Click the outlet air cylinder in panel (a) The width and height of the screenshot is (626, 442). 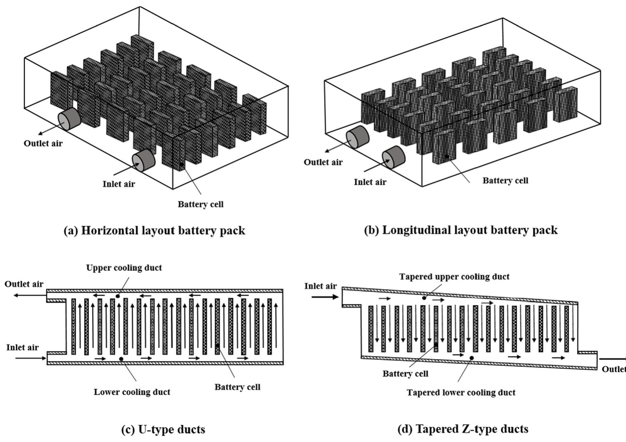pyautogui.click(x=69, y=119)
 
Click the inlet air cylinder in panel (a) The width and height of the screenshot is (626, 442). pyautogui.click(x=143, y=160)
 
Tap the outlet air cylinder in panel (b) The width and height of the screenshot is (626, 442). pyautogui.click(x=358, y=137)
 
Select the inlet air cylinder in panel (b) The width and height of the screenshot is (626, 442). pyautogui.click(x=394, y=157)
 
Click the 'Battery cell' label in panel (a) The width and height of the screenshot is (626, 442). pyautogui.click(x=200, y=204)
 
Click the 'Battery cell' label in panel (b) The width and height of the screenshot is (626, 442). pyautogui.click(x=505, y=181)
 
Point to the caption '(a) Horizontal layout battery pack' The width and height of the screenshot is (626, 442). pyautogui.click(x=154, y=230)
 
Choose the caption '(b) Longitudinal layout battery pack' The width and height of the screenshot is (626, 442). pyautogui.click(x=461, y=230)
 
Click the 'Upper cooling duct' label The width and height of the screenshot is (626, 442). pyautogui.click(x=124, y=268)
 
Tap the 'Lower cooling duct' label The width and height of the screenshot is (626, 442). pyautogui.click(x=132, y=392)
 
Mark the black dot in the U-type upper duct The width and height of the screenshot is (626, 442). pyautogui.click(x=117, y=296)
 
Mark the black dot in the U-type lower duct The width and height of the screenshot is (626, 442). pyautogui.click(x=121, y=359)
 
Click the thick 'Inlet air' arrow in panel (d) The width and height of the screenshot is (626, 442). pyautogui.click(x=325, y=297)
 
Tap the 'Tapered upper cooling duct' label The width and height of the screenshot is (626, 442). pyautogui.click(x=454, y=277)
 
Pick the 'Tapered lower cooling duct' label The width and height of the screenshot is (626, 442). pyautogui.click(x=461, y=393)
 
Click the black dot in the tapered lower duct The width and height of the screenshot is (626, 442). pyautogui.click(x=471, y=358)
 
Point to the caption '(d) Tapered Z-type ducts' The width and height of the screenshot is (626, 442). pyautogui.click(x=463, y=429)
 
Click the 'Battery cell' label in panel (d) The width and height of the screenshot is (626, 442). pyautogui.click(x=405, y=374)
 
